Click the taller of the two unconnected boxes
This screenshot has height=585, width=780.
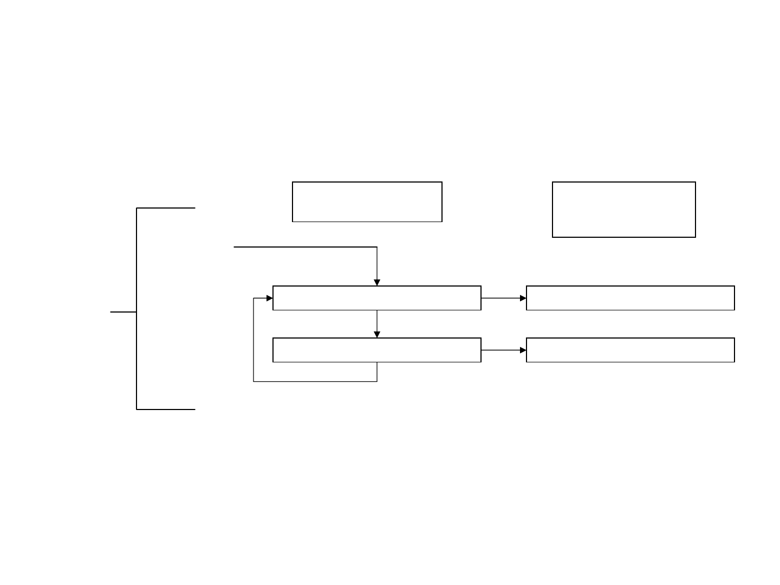click(623, 210)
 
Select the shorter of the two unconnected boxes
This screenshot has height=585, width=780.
click(367, 202)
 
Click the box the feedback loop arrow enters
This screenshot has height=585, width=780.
click(376, 298)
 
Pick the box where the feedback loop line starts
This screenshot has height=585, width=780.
click(376, 350)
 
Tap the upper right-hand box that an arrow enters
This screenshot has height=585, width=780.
click(630, 298)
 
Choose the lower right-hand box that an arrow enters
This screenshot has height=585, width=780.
click(630, 350)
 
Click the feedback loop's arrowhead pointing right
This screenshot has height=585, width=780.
click(270, 298)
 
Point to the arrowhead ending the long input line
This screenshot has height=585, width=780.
click(377, 283)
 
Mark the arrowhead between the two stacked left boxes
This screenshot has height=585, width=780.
click(377, 335)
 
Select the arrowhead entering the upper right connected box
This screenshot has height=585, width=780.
click(523, 298)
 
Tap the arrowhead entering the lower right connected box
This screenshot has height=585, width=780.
click(523, 350)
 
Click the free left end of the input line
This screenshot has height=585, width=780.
click(234, 247)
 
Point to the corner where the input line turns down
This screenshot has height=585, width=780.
click(377, 247)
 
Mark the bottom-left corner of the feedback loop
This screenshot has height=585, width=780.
click(253, 381)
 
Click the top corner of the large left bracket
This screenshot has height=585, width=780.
click(136, 208)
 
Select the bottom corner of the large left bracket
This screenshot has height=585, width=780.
click(136, 409)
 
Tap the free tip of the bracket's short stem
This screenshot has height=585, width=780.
click(111, 312)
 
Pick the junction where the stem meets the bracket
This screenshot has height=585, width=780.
click(136, 312)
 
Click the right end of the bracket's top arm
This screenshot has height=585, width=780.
click(194, 208)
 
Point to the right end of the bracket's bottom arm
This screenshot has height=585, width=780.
click(194, 409)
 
